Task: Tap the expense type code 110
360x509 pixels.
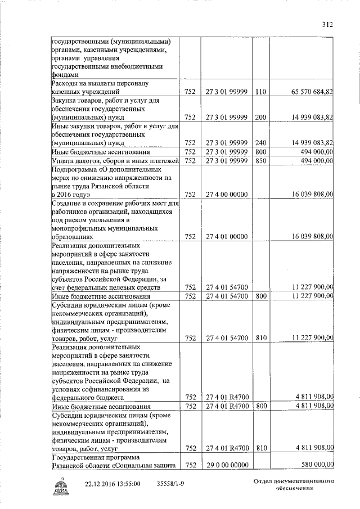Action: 260,91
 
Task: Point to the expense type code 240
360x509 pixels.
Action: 260,143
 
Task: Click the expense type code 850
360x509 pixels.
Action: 260,161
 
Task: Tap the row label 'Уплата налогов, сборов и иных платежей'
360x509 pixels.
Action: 115,161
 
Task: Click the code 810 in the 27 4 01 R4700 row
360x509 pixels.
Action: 260,448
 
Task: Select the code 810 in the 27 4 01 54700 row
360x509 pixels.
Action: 260,338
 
